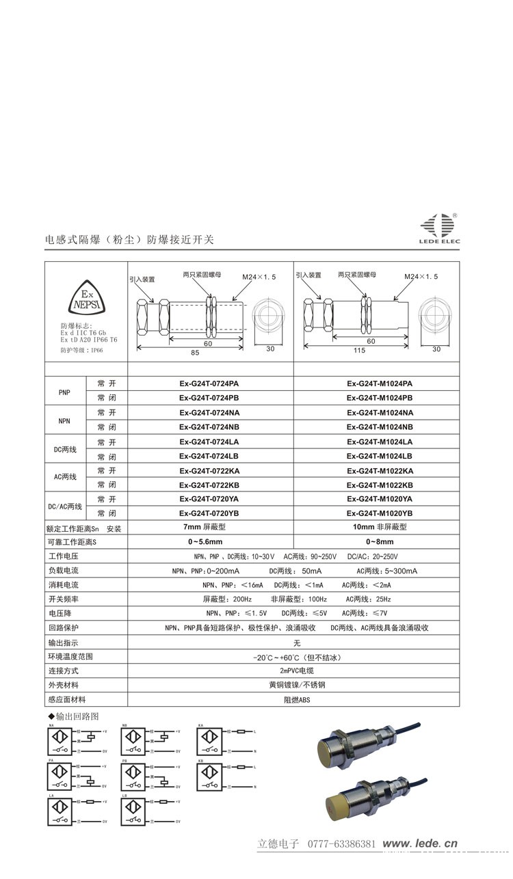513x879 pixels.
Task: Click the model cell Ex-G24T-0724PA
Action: point(209,383)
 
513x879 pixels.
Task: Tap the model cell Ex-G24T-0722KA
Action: point(209,470)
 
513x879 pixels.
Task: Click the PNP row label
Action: point(65,391)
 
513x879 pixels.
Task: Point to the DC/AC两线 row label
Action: point(65,506)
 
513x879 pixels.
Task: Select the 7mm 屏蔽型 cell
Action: point(205,528)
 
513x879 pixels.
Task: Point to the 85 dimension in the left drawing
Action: point(195,353)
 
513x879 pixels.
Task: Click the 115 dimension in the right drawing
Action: point(357,353)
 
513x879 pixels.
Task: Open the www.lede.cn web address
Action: point(419,844)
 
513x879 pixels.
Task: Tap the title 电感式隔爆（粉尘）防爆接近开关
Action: point(129,240)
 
